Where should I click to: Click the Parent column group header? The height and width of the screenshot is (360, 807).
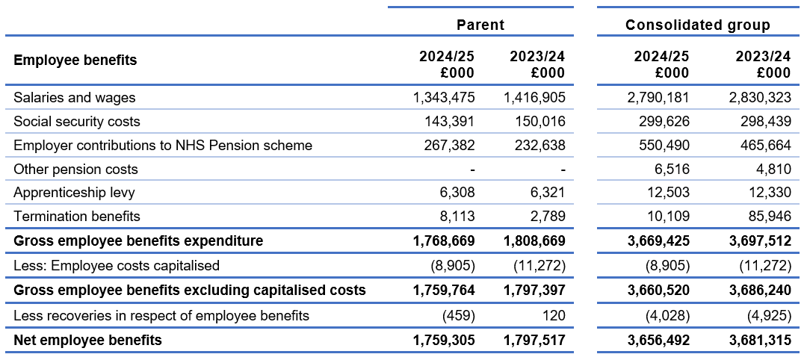pos(480,25)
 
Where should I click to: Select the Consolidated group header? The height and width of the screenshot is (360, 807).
pos(697,25)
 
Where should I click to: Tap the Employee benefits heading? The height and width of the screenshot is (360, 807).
pos(75,60)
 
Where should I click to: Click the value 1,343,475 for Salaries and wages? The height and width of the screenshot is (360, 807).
pos(444,97)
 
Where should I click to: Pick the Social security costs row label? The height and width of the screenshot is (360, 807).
pos(77,121)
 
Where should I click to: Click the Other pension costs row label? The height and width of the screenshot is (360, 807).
pos(75,169)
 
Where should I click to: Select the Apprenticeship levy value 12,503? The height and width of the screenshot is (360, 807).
pos(670,193)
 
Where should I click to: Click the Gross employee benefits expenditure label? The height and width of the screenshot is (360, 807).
pos(138,241)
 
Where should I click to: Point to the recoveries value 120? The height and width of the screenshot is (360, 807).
pos(553,316)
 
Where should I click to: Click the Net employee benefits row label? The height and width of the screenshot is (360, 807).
pos(87,341)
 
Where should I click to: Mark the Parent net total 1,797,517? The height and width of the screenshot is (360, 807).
pos(534,341)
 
